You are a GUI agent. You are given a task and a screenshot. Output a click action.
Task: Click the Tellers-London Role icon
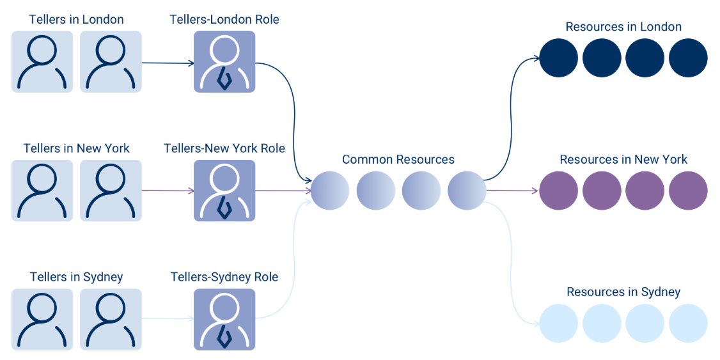[x=224, y=62]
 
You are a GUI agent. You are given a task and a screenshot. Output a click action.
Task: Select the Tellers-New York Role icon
[x=224, y=191]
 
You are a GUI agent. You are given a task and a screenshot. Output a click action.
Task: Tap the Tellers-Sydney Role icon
[x=224, y=319]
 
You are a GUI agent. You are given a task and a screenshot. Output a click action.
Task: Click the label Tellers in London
[x=76, y=19]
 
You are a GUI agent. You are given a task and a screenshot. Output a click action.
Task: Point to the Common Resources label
[x=398, y=159]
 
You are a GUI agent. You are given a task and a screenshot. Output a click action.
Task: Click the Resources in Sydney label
[x=623, y=292]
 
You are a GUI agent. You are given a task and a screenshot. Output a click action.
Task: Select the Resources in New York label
[x=623, y=159]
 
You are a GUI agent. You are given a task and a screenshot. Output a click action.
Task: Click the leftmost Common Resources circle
[x=330, y=191]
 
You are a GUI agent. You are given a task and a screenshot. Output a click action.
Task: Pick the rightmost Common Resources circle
[x=467, y=191]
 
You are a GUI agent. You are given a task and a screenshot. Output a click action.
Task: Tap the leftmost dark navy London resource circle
[x=559, y=58]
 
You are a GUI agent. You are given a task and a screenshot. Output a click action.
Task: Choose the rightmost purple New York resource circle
[x=688, y=191]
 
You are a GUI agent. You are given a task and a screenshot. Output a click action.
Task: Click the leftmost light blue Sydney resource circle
[x=559, y=324]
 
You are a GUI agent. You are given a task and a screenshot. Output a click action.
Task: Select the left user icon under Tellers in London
[x=42, y=62]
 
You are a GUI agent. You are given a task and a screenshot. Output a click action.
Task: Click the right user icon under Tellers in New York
[x=111, y=191]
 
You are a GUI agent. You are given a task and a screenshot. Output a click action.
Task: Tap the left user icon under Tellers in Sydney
[x=42, y=319]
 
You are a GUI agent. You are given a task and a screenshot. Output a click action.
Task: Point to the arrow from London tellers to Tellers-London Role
[x=168, y=63]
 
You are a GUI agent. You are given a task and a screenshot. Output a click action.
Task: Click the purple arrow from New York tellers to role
[x=168, y=191]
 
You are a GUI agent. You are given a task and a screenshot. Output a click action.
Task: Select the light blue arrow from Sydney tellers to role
[x=168, y=318]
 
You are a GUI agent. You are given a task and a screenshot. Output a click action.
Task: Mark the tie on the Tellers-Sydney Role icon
[x=224, y=336]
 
